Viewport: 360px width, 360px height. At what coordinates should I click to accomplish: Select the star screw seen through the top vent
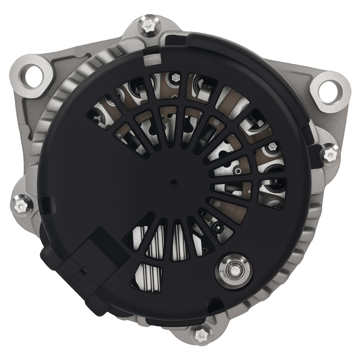click(x=175, y=77)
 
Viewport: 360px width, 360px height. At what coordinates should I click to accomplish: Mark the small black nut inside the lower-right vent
click(x=217, y=228)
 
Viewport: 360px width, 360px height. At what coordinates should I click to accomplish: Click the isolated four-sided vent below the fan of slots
click(x=147, y=276)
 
